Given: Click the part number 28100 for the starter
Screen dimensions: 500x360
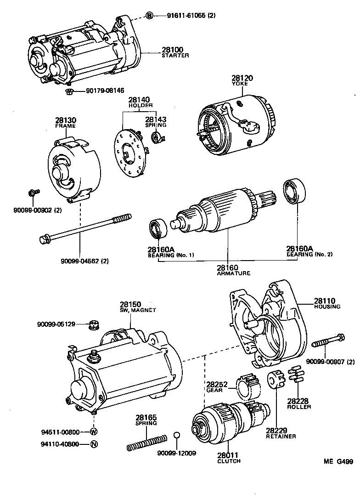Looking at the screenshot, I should coord(172,49).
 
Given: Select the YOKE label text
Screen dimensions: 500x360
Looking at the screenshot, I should coord(242,85).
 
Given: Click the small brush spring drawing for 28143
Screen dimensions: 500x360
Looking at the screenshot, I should coord(157,136).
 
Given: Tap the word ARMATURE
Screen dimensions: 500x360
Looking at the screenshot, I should coord(233,273).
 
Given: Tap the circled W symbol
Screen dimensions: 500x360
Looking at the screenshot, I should coord(93,432).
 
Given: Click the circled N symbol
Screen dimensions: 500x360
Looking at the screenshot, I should coord(93,444).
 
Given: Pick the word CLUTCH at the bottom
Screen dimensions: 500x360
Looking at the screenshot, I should coord(229,461).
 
